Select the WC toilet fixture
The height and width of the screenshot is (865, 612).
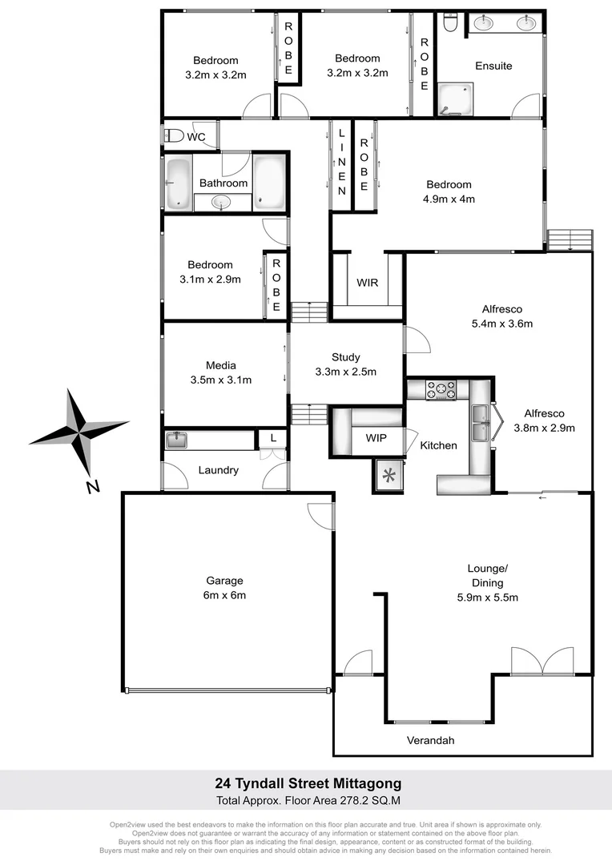coord(170,136)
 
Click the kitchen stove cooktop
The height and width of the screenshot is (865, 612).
coord(440,390)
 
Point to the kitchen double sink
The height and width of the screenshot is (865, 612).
coord(481,423)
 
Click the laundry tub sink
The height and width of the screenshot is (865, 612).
coord(176,440)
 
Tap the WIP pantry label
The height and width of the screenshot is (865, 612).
coord(376,439)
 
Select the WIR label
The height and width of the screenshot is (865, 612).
coord(368,283)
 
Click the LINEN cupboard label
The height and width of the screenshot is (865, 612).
coord(342,163)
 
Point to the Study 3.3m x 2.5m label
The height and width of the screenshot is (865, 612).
coord(346,364)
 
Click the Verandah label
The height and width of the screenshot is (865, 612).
coord(430,740)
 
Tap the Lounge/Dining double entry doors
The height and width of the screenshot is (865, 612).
coord(542,662)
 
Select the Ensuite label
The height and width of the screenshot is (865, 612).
coord(493,66)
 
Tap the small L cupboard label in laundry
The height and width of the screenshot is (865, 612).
coord(273,438)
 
